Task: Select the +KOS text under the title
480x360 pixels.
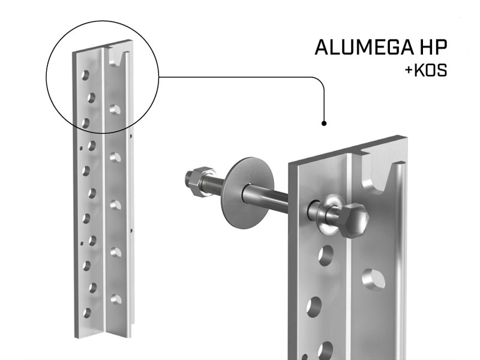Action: point(426,70)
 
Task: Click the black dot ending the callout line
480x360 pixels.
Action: point(324,124)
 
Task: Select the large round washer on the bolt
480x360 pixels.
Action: point(247,193)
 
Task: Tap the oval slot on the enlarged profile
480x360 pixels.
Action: point(373,280)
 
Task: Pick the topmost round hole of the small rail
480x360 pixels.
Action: point(85,76)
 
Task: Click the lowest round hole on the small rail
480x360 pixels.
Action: point(87,313)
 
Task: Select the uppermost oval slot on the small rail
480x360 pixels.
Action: point(115,110)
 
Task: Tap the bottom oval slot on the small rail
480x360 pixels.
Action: point(116,299)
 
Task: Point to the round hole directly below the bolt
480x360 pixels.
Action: point(326,256)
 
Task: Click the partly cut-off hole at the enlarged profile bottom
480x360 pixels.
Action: point(325,351)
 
